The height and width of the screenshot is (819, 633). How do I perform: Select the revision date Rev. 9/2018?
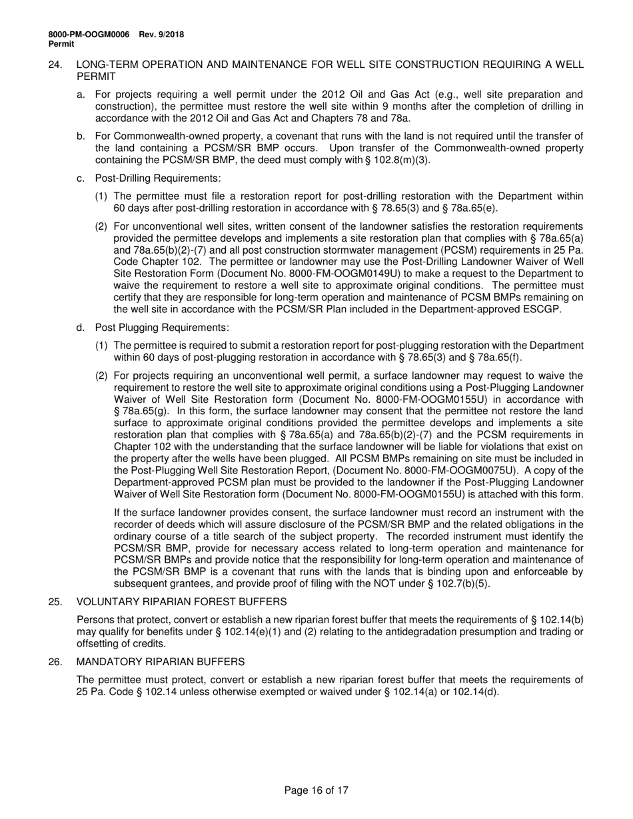point(161,35)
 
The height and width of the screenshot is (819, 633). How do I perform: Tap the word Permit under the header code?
point(61,44)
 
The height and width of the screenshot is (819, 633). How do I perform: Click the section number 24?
point(56,65)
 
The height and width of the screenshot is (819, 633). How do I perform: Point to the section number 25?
point(56,601)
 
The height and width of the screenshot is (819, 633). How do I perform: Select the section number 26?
point(56,661)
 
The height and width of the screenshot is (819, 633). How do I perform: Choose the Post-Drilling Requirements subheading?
point(157,178)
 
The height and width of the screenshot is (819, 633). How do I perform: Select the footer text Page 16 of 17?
point(316,790)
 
